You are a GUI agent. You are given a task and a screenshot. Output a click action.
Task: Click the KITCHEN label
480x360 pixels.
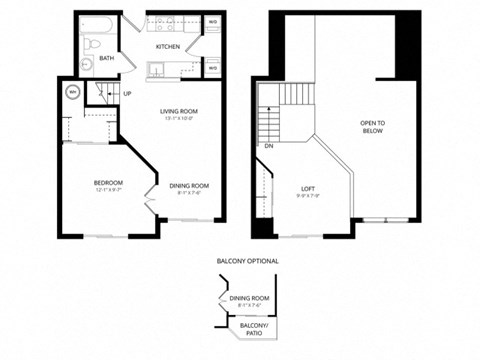166,47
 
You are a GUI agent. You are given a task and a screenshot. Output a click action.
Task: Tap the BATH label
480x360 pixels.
106,59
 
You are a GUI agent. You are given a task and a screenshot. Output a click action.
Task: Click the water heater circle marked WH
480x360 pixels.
73,92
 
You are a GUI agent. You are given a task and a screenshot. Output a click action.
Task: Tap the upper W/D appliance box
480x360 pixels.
213,21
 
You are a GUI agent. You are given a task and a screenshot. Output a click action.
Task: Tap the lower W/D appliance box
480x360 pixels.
213,68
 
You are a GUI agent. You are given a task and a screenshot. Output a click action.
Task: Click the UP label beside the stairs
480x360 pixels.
127,94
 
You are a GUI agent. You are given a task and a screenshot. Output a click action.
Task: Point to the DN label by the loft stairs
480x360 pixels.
269,146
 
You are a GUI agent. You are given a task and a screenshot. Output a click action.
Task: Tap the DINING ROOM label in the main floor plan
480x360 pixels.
188,185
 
